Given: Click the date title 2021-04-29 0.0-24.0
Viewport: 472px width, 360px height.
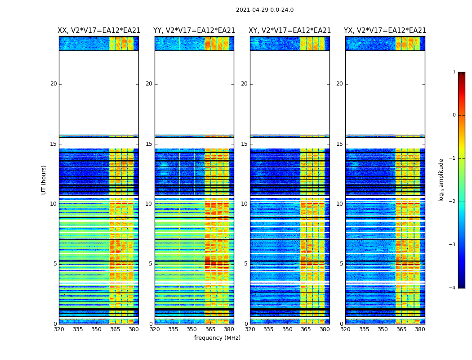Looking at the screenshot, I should [x=265, y=10].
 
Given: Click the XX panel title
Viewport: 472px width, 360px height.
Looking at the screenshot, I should [x=99, y=31].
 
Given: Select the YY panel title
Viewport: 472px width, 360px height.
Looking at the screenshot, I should [x=194, y=31].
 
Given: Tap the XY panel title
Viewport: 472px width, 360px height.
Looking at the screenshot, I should [x=290, y=31].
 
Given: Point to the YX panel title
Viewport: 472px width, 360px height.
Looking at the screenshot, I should [x=385, y=31].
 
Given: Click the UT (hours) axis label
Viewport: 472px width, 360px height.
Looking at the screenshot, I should [x=44, y=180].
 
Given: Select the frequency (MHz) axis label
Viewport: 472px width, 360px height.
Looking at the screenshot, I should [x=217, y=338].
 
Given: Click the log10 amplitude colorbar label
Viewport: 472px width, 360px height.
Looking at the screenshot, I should [x=441, y=180].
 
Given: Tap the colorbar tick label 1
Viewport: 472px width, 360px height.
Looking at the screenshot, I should [x=454, y=72].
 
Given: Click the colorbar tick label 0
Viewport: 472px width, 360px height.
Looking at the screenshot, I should [x=454, y=115].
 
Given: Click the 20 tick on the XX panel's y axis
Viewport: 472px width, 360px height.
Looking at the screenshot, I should [x=53, y=84].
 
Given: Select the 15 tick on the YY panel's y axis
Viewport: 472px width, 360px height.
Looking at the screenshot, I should [x=149, y=144].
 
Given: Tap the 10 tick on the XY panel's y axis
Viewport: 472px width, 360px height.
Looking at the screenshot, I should [x=244, y=204].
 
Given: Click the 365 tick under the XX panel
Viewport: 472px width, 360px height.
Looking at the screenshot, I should [x=115, y=329].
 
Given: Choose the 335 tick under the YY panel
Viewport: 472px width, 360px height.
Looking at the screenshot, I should [x=173, y=329].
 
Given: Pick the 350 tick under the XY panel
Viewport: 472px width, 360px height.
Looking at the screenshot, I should [x=287, y=329].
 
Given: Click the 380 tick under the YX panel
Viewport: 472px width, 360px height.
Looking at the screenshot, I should [x=420, y=329].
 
